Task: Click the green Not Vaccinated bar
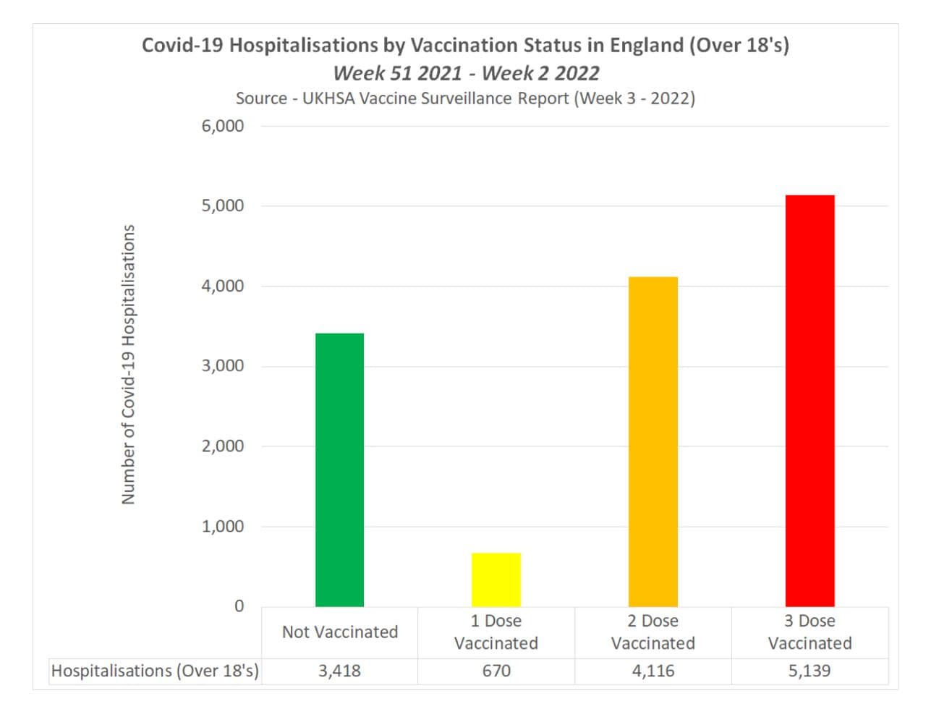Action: click(339, 470)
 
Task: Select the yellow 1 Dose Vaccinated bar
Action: click(496, 579)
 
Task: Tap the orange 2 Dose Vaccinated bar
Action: click(653, 441)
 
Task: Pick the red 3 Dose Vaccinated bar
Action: click(810, 401)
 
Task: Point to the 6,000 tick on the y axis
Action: click(223, 126)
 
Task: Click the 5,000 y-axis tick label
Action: click(223, 205)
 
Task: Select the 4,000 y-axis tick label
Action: click(223, 286)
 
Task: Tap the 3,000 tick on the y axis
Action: click(223, 366)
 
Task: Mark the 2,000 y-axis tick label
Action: click(223, 446)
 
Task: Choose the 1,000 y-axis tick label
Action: click(223, 527)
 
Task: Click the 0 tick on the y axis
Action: click(239, 606)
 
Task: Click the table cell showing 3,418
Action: click(339, 671)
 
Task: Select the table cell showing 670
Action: click(496, 671)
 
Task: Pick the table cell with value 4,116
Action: click(653, 671)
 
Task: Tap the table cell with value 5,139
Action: click(810, 671)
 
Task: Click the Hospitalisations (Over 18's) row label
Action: click(155, 671)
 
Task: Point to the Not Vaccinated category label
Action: click(340, 632)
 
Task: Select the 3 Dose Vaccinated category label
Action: click(810, 632)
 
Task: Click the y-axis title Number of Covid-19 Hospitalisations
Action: click(129, 365)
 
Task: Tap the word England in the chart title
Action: click(646, 45)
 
